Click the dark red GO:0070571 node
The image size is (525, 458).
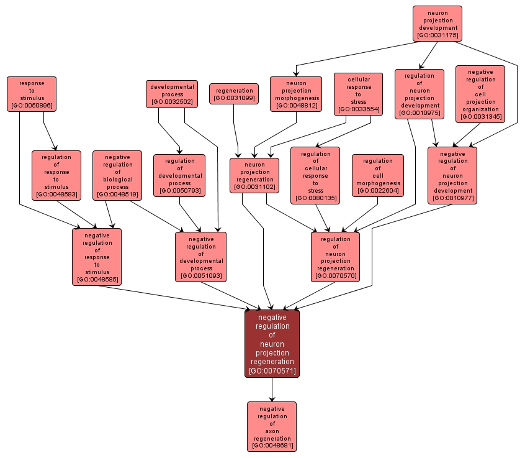tap(272, 343)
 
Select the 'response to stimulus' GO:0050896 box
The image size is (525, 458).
tap(32, 94)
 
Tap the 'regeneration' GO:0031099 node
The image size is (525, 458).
tap(234, 94)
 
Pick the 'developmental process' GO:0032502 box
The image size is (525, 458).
tap(173, 94)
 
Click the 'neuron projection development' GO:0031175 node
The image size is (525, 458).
tap(437, 24)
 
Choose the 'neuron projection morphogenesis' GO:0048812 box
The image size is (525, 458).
tap(296, 94)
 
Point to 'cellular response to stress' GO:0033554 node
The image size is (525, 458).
tap(358, 94)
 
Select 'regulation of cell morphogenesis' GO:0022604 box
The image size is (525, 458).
tap(378, 175)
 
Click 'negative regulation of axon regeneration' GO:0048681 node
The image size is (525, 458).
tap(272, 426)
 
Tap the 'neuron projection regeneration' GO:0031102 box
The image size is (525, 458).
tap(254, 175)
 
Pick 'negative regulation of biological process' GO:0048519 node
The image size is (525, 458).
tap(117, 175)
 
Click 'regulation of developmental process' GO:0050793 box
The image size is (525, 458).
tap(179, 175)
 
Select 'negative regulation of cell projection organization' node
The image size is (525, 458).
tap(480, 94)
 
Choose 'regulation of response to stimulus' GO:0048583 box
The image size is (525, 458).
tap(56, 175)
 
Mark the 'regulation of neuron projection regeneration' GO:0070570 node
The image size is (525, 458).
tap(335, 257)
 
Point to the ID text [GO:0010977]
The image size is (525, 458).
tap(452, 198)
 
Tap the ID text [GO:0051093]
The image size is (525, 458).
tap(200, 275)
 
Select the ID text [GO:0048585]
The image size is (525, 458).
tap(97, 279)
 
